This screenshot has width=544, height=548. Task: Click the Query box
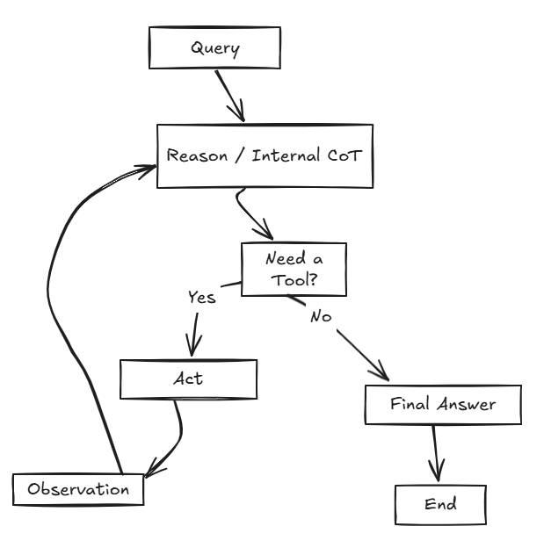[x=214, y=47]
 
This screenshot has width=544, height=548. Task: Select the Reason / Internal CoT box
[x=265, y=156]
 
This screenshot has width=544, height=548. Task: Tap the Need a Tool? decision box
[x=294, y=270]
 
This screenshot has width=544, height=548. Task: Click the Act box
[x=187, y=379]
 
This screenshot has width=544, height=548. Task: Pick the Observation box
[x=78, y=489]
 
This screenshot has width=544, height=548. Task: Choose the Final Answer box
[x=443, y=405]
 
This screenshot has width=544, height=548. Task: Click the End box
[x=440, y=505]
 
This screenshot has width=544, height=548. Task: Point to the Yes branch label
[x=201, y=298]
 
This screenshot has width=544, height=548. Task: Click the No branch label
[x=321, y=316]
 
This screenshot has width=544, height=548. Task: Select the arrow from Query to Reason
[x=228, y=95]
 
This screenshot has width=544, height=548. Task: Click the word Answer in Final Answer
[x=468, y=405]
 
